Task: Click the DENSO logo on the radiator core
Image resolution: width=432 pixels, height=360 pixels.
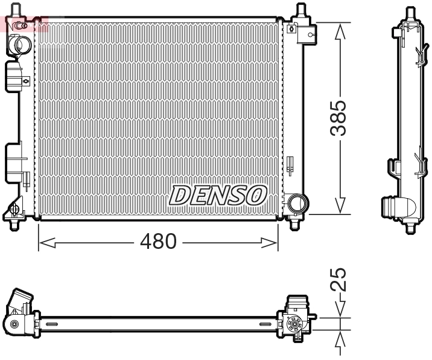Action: [x=218, y=194]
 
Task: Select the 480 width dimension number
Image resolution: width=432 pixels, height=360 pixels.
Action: [x=157, y=242]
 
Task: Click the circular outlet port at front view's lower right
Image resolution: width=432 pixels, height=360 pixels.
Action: [x=296, y=202]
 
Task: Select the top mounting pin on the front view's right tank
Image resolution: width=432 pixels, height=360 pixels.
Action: [x=300, y=11]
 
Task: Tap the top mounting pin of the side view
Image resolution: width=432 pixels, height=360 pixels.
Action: [x=410, y=12]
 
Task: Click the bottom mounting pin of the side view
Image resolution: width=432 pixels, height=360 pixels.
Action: [x=410, y=228]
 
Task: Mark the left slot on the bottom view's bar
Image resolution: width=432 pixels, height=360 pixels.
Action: [x=52, y=325]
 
